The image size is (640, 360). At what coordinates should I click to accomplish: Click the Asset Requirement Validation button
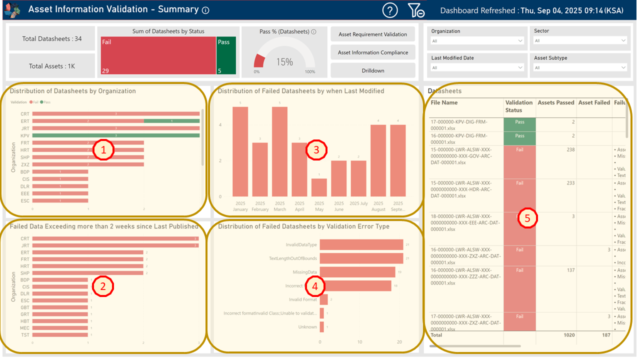point(372,34)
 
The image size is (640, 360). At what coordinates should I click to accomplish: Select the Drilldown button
point(372,70)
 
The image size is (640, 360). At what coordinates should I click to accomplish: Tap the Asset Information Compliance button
point(372,52)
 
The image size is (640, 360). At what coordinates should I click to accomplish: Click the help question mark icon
point(390,10)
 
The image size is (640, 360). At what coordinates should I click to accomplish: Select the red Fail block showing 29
point(158,55)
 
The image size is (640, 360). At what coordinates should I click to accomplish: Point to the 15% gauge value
point(284,62)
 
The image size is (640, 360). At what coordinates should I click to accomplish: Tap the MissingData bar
point(357,272)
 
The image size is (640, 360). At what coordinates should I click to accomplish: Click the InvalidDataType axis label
point(301,244)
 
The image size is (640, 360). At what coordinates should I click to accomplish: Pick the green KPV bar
point(116,135)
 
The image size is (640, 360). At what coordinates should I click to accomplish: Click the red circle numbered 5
point(527,218)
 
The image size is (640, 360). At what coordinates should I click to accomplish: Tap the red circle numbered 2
point(103,286)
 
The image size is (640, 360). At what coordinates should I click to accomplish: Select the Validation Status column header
point(519,106)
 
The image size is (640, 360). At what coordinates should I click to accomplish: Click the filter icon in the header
point(415,10)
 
